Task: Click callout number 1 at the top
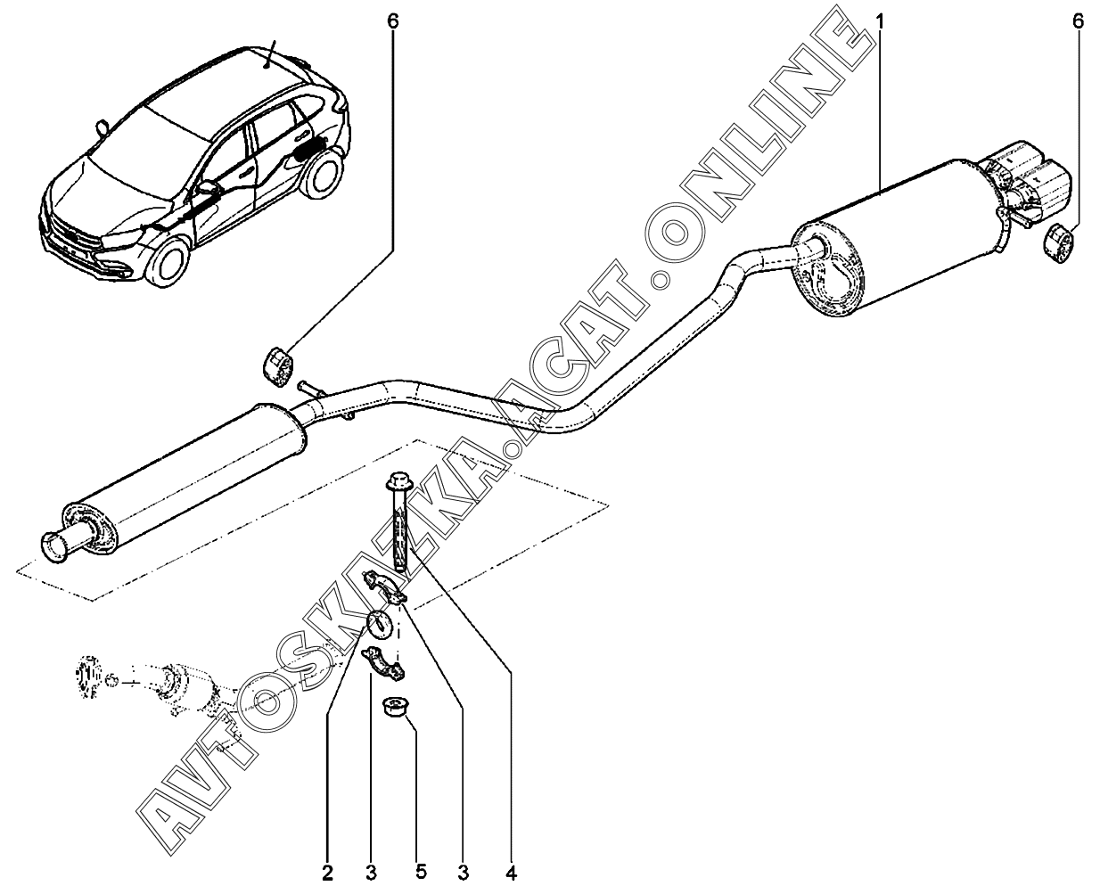click(879, 21)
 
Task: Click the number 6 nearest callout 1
click(1078, 21)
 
